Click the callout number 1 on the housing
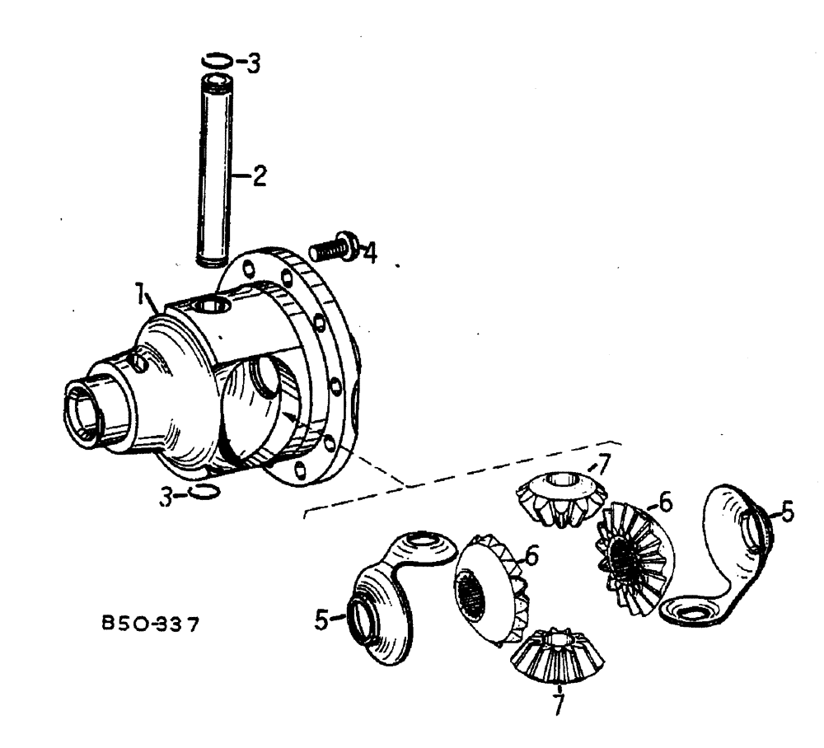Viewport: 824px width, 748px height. (142, 293)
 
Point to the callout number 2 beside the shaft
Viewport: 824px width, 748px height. (259, 176)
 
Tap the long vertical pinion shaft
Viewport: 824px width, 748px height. (217, 169)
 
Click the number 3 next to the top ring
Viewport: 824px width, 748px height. (254, 63)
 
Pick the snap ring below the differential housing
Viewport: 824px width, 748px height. (204, 492)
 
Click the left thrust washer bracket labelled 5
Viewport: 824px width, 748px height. (393, 593)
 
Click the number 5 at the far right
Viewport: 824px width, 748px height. (789, 512)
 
